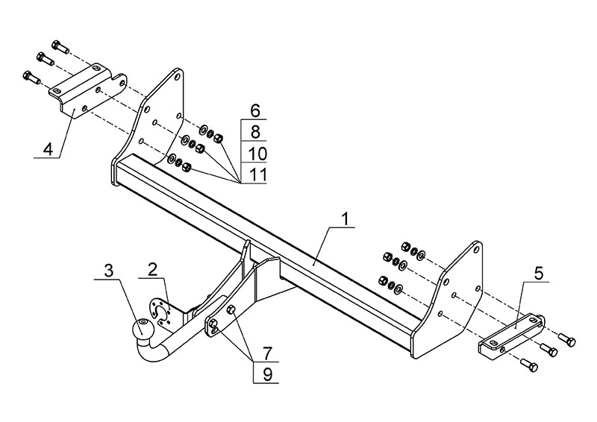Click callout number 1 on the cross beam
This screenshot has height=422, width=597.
click(346, 219)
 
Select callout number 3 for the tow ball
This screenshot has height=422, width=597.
click(109, 270)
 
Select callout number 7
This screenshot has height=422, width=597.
click(266, 350)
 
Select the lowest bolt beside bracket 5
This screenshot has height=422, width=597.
click(530, 365)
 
